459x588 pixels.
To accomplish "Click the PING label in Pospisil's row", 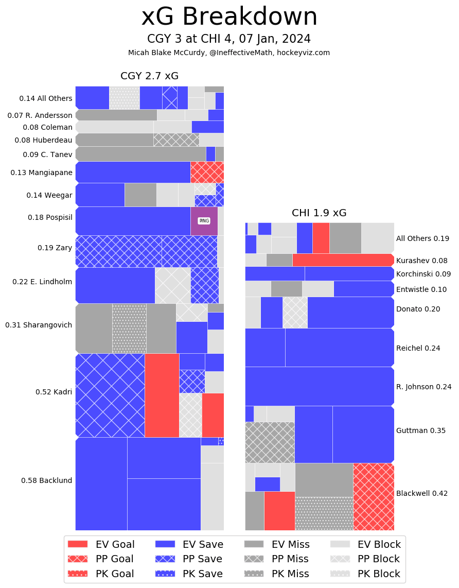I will coord(204,221).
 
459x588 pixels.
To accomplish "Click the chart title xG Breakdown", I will coord(229,17).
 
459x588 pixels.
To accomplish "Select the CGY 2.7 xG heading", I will coord(149,76).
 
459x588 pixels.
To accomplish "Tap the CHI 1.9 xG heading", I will coord(319,213).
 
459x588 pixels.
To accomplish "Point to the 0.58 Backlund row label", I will coord(46,480).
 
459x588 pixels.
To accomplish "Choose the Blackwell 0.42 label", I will coord(421,493).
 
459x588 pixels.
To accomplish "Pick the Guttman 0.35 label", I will coord(420,430).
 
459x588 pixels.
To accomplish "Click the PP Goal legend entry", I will coord(100,559).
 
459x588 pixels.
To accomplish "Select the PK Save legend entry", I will coord(189,574).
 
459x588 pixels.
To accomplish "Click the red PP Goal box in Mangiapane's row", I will coord(207,172).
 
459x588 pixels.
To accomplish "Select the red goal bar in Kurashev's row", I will coord(343,260).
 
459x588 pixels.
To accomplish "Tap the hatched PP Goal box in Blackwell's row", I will coord(374,496).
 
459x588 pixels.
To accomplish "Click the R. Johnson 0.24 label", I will coord(423,387).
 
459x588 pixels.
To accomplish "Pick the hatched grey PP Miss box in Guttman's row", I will coord(270,442).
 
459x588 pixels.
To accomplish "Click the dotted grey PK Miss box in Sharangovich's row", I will coord(129,328).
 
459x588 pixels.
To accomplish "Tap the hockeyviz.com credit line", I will coord(229,53).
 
